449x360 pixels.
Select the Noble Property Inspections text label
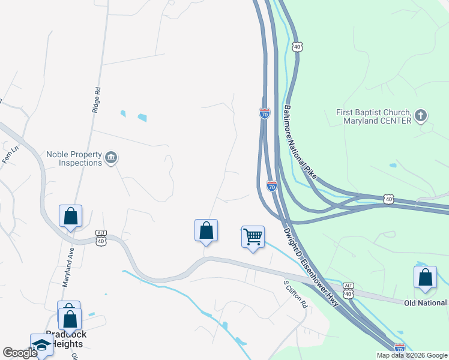point(74,158)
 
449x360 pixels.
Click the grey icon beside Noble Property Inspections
point(111,158)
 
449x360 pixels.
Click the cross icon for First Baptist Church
point(421,115)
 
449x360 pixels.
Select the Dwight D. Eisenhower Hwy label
point(312,266)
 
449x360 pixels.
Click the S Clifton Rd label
point(295,293)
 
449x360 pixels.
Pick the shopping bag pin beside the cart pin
point(206,230)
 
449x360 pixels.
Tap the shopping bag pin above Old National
point(425,277)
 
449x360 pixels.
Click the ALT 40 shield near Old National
point(348,290)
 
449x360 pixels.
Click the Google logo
point(20,352)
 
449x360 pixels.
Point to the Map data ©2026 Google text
point(411,355)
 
